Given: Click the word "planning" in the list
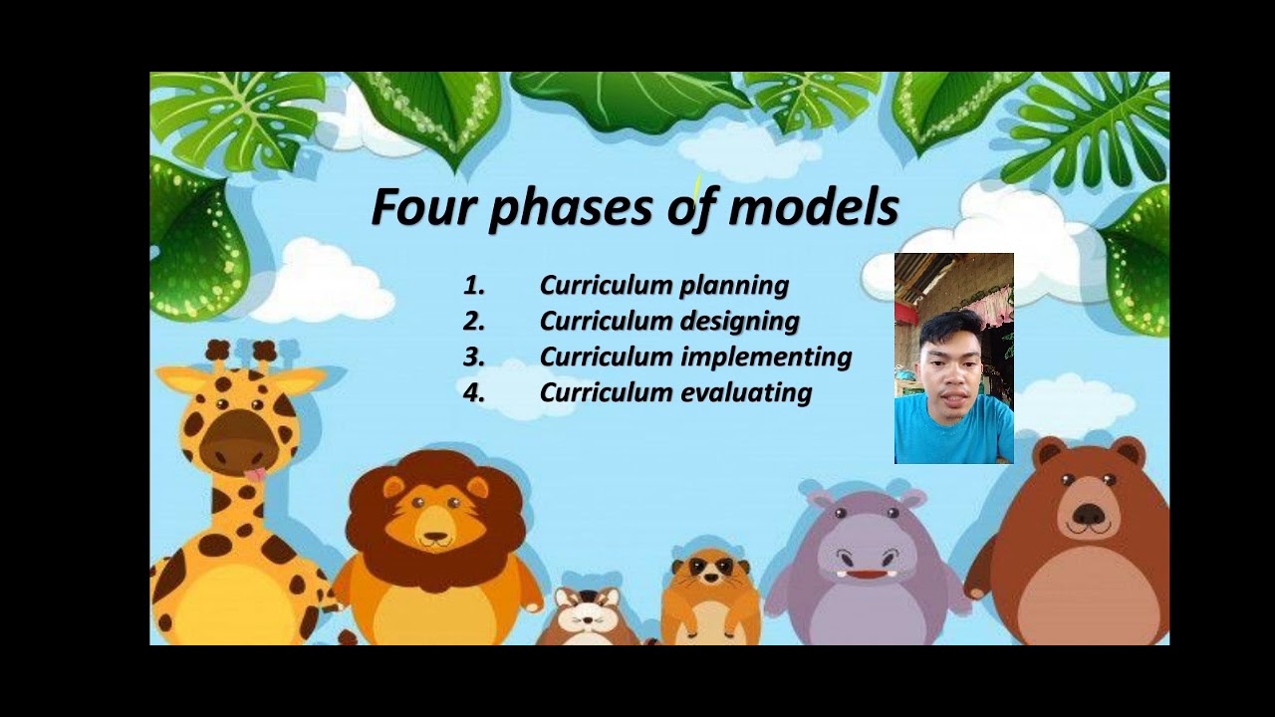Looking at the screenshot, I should click(x=734, y=286).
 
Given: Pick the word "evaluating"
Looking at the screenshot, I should click(x=745, y=392).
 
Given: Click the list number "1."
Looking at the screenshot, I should click(x=474, y=286).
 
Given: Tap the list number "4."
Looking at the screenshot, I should click(x=474, y=392).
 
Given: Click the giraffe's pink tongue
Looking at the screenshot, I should click(x=255, y=474).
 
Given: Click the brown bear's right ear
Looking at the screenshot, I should click(x=1128, y=452).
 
